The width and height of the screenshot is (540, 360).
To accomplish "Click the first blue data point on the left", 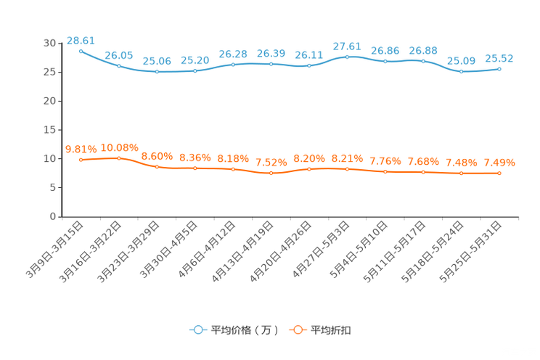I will (x=81, y=51).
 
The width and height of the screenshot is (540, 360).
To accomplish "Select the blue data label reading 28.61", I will (x=81, y=40).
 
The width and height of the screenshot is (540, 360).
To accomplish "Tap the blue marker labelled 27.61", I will (x=348, y=57).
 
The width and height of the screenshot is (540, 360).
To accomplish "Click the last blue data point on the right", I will (x=499, y=69).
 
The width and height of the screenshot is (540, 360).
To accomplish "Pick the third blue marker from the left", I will (x=157, y=72).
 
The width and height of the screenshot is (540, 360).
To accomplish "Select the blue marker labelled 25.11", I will (x=309, y=66).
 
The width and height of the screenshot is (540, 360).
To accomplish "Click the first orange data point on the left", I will (x=81, y=160).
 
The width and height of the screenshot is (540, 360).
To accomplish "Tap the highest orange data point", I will (x=119, y=157).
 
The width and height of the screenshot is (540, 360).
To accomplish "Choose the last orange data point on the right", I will (x=499, y=173).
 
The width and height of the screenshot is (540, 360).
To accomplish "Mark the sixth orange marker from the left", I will (x=271, y=173).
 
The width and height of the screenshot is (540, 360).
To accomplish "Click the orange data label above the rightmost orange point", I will (x=499, y=162).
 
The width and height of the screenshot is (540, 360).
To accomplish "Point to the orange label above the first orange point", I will (x=81, y=149).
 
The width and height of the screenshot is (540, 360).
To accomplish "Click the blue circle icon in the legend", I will (x=197, y=330).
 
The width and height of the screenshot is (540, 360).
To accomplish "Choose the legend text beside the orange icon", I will (x=332, y=330).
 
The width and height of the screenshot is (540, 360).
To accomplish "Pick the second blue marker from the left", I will (x=119, y=66).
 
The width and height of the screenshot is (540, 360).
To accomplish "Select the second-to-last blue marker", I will (x=461, y=71).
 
